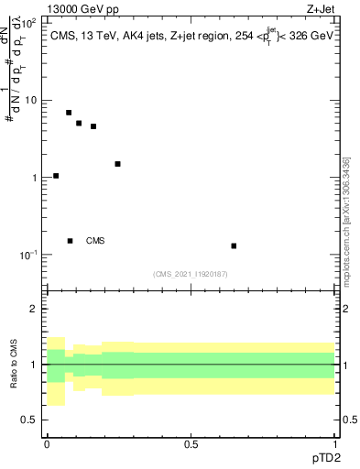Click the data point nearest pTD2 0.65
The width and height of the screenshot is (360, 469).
pos(234,245)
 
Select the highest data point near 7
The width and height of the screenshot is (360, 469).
pos(69,113)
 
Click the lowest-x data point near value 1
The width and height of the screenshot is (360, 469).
pos(56,176)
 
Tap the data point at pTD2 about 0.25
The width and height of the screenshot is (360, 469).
pos(117,164)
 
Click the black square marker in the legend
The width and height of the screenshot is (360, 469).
pos(70,241)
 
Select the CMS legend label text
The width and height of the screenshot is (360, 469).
pos(95,241)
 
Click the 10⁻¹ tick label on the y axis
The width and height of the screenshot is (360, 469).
pos(28,254)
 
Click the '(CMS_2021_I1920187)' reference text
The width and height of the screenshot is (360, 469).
pos(191,274)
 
